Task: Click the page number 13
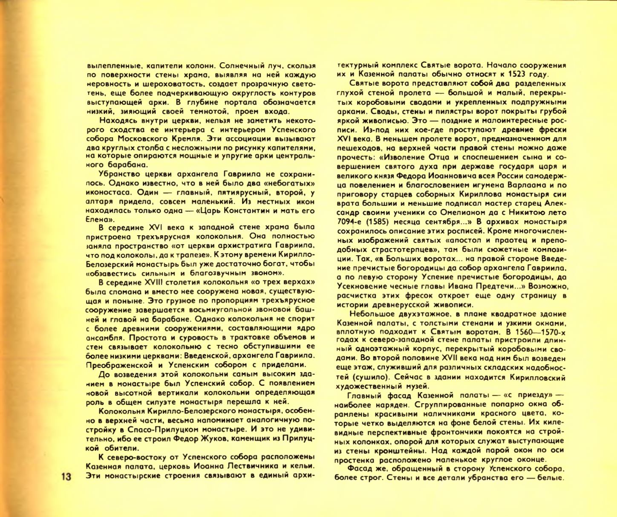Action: (x=67, y=476)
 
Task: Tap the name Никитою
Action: (x=531, y=212)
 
